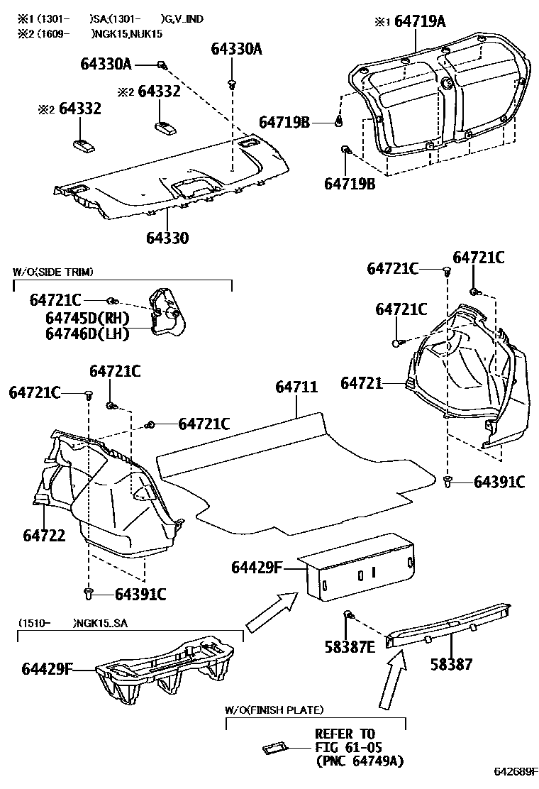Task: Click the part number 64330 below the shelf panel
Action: click(168, 238)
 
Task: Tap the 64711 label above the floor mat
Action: click(296, 387)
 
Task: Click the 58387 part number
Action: click(451, 664)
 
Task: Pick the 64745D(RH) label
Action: click(87, 317)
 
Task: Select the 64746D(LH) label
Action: click(87, 333)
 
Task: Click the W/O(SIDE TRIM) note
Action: click(53, 272)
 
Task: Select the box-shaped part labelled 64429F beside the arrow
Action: click(358, 568)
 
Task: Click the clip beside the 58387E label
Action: click(349, 614)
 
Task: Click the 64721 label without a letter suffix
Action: click(361, 383)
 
